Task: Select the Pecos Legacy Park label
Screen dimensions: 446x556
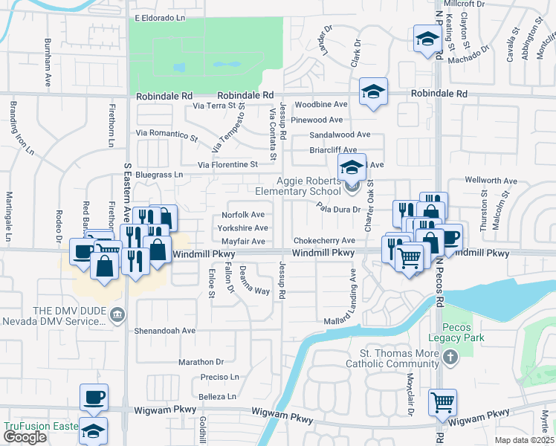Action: tap(462, 332)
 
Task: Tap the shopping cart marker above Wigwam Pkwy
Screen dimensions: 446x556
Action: tap(442, 402)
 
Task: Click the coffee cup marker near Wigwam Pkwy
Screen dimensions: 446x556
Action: tap(94, 397)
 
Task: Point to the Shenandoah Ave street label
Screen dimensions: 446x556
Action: tap(164, 330)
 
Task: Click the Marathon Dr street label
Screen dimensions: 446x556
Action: tap(201, 362)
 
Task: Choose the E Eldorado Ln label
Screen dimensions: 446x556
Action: tap(159, 17)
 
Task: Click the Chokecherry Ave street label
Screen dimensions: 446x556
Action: tap(323, 241)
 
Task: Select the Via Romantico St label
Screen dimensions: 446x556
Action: tap(167, 135)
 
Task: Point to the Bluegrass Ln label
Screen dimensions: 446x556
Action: tap(158, 175)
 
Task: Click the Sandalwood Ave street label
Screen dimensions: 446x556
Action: tap(339, 135)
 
